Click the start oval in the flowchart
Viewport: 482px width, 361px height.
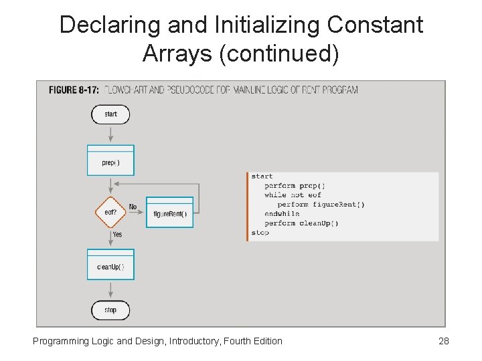pos(110,114)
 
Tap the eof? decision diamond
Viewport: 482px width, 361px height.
pos(110,213)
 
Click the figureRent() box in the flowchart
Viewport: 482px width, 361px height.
pos(169,213)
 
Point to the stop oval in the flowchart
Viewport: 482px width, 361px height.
pos(110,310)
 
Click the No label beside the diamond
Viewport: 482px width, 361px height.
pos(133,207)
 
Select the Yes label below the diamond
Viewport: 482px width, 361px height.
pos(117,235)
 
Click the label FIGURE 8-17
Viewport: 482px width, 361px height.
pos(74,90)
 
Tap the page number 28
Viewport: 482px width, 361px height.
pos(443,341)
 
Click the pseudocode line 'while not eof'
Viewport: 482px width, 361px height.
pos(293,195)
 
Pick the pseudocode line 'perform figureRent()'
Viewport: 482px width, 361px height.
pos(321,205)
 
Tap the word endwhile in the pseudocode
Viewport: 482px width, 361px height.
pos(282,214)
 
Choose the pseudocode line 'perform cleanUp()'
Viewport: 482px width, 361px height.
pos(301,223)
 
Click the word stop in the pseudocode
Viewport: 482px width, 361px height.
pos(260,233)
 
